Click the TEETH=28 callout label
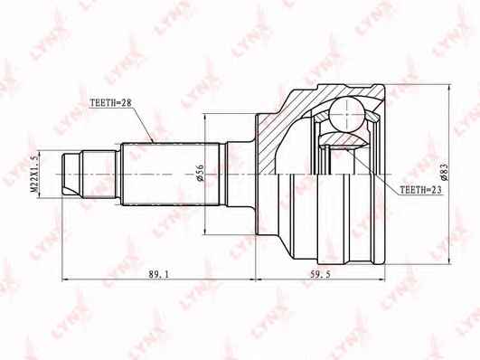pyautogui.click(x=110, y=102)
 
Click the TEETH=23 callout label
pyautogui.click(x=421, y=190)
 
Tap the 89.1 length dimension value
pyautogui.click(x=158, y=274)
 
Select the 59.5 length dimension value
pyautogui.click(x=321, y=274)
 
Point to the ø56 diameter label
pyautogui.click(x=200, y=173)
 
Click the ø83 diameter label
pyautogui.click(x=444, y=172)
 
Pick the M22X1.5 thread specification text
pyautogui.click(x=34, y=174)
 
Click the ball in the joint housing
pyautogui.click(x=347, y=114)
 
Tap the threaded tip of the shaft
pyautogui.click(x=72, y=174)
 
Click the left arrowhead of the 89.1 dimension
pyautogui.click(x=65, y=279)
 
